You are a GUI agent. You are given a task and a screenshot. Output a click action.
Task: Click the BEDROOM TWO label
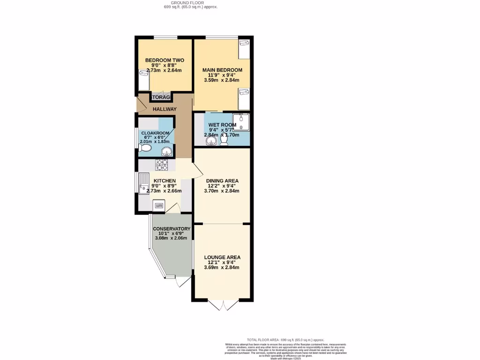click(x=164, y=60)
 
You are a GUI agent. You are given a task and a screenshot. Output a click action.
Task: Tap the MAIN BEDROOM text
click(x=222, y=70)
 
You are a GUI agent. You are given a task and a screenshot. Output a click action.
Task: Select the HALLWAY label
click(x=164, y=109)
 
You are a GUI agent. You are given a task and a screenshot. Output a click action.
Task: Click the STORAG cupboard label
click(x=160, y=97)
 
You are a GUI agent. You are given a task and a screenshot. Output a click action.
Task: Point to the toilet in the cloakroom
click(x=145, y=148)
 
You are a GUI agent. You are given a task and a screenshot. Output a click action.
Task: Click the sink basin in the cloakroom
click(x=166, y=151)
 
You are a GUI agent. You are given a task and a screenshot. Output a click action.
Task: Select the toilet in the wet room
click(x=224, y=139)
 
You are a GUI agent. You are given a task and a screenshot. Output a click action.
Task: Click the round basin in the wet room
click(x=210, y=140)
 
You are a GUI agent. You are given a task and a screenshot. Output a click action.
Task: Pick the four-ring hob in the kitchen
click(x=162, y=165)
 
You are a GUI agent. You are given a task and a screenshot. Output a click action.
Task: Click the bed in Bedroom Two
click(x=144, y=80)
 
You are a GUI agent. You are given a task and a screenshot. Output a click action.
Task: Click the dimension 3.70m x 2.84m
click(x=222, y=191)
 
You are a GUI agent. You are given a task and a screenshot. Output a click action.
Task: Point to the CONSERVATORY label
click(x=172, y=229)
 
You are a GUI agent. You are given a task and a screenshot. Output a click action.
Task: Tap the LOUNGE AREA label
click(x=222, y=257)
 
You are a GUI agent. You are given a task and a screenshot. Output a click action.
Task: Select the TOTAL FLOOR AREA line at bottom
click(x=285, y=340)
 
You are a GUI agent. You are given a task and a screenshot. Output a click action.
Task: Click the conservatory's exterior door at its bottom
click(x=182, y=281)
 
